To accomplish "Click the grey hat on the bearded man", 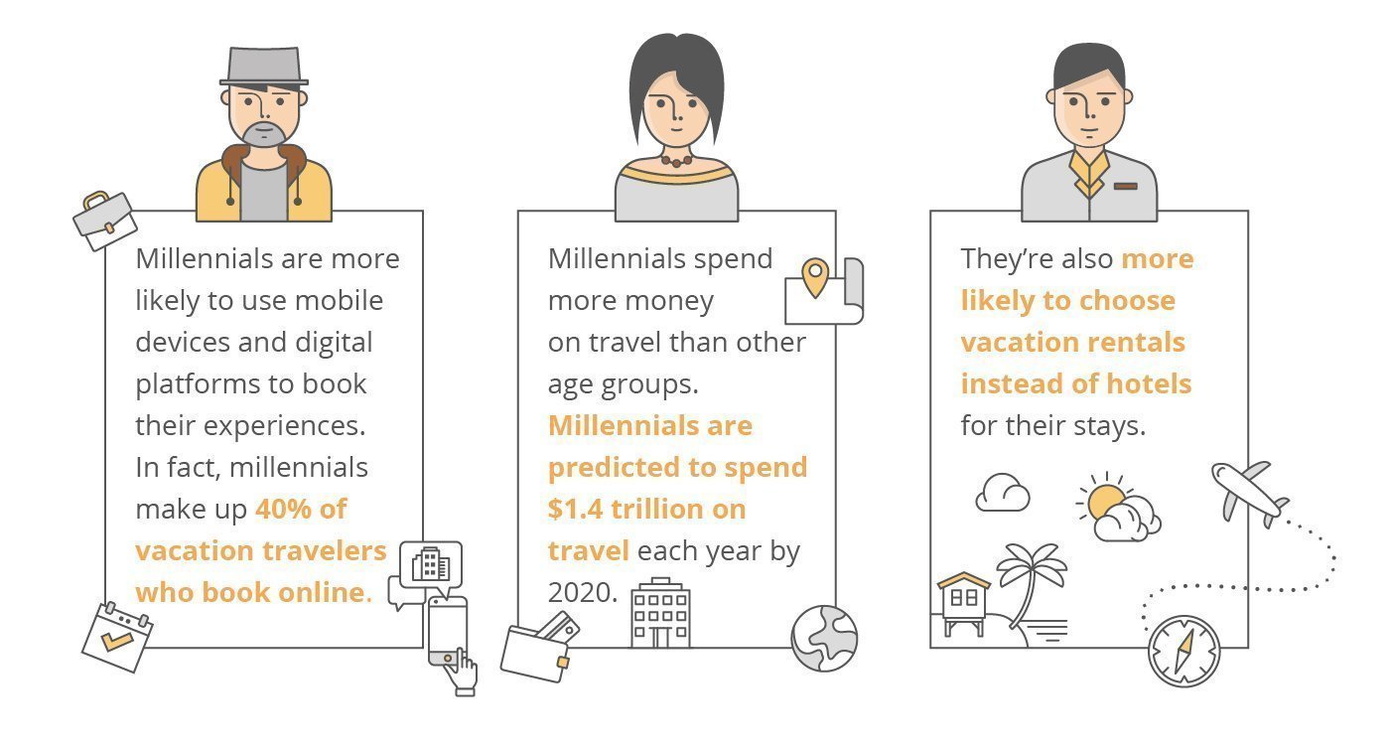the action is [x=264, y=67].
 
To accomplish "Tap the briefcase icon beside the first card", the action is [x=105, y=221].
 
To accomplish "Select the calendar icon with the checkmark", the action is [x=117, y=637].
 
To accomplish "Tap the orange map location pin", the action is [x=815, y=277].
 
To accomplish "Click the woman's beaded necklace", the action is [x=676, y=160].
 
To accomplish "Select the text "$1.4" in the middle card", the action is [x=575, y=510].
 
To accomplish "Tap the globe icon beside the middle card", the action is [x=824, y=638].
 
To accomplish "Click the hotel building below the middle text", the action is [x=660, y=613].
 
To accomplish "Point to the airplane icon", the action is [x=1249, y=495].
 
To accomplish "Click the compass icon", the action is [x=1183, y=652].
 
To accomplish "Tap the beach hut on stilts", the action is [x=964, y=603].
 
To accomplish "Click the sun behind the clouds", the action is [x=1104, y=500].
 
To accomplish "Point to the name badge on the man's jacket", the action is [x=1126, y=186].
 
